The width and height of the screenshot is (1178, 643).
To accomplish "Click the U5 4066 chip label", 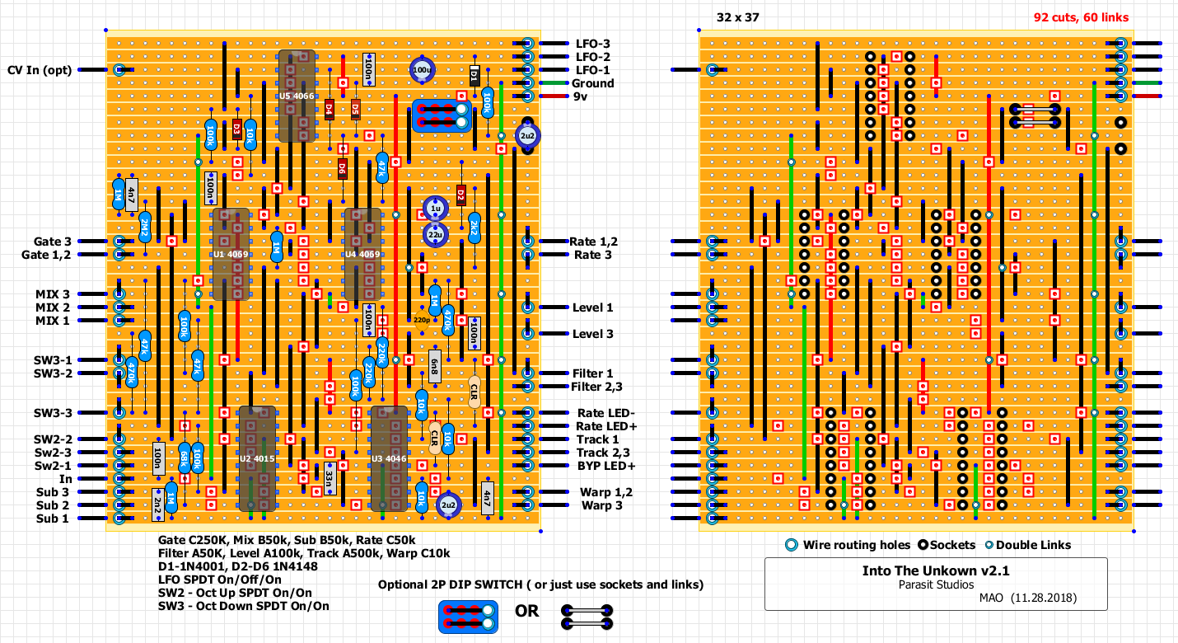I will point(296,96).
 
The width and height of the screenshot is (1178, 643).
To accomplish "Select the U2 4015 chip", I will point(256,458).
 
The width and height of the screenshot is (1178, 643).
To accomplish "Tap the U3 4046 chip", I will point(388,458).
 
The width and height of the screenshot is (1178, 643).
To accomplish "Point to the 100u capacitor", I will point(422,71).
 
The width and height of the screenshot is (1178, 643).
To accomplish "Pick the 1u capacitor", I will point(435,209).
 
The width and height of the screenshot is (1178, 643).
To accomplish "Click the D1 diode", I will point(474,77).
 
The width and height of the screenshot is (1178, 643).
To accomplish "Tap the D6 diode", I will point(342,169).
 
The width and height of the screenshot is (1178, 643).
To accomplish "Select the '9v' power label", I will point(582,96).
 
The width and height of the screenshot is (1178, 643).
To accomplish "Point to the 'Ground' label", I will point(593,83).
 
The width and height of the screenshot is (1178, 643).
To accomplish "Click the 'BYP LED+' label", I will point(601,466).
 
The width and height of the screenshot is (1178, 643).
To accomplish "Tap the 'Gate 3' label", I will point(53,242).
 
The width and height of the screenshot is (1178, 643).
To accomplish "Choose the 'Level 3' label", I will point(593,334).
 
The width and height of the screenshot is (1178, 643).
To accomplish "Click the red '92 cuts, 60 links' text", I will point(1081,17).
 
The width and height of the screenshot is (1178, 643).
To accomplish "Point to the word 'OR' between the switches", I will point(527,611).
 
